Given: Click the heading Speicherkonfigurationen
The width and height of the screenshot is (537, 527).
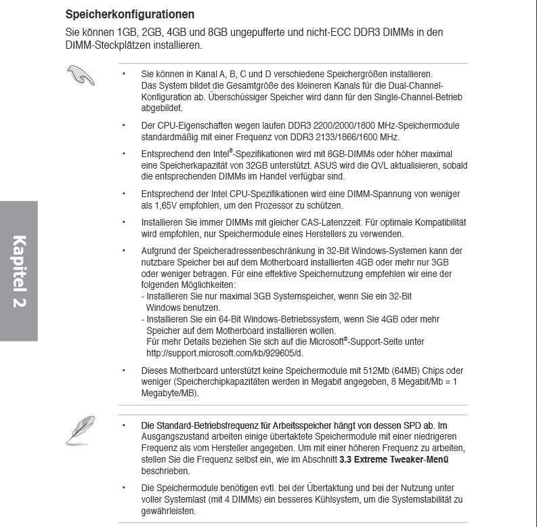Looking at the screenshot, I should point(130,14).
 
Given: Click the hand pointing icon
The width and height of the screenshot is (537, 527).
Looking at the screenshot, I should point(80,75).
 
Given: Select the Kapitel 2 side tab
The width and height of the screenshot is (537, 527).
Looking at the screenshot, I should point(18,271).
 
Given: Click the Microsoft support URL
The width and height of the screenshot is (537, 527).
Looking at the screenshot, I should point(225,353).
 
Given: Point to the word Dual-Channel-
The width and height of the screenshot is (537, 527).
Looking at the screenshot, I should point(416,85).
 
